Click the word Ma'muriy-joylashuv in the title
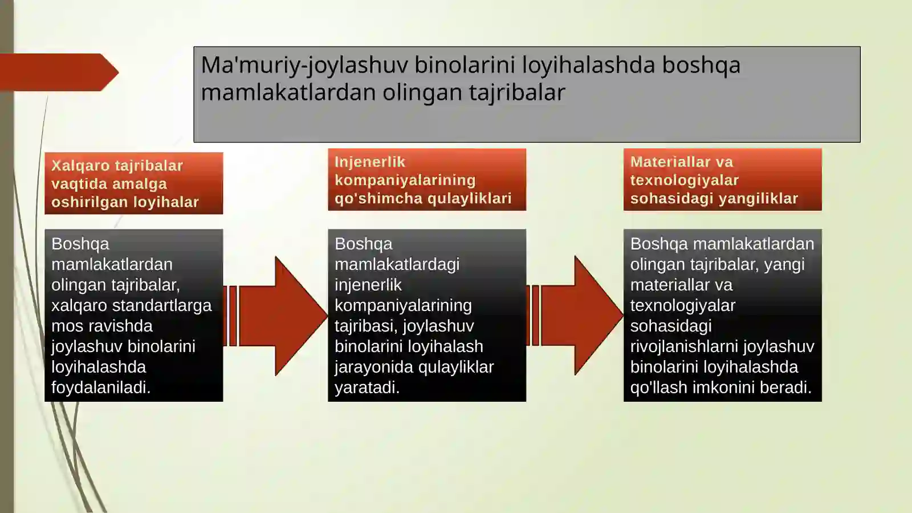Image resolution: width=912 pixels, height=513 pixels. coord(304,66)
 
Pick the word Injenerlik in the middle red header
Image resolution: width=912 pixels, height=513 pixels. coord(369,162)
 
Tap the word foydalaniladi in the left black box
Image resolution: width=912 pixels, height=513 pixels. coord(100,387)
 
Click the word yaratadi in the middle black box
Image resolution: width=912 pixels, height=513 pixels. coord(366,387)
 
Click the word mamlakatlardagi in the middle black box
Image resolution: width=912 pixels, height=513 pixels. coord(397,264)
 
